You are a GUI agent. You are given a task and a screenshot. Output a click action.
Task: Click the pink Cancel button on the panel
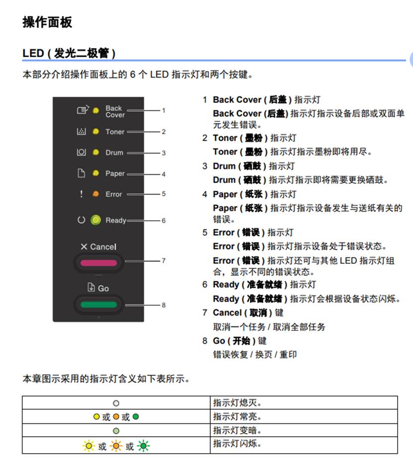(99, 263)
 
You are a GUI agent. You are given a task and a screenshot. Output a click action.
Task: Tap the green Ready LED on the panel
(96, 220)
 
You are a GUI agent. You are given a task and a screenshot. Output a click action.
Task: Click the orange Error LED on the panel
(96, 194)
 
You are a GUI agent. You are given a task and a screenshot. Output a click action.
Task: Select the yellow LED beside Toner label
(96, 132)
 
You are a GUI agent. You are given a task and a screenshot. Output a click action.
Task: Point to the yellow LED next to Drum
(96, 153)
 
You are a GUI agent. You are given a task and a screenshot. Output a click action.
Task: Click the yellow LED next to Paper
(96, 173)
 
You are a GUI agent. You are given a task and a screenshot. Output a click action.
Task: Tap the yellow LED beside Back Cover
(96, 111)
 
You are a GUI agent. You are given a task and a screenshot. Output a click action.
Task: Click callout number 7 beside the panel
(164, 261)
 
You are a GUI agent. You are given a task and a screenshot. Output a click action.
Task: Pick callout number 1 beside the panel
(164, 110)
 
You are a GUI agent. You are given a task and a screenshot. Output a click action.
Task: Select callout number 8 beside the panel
(164, 305)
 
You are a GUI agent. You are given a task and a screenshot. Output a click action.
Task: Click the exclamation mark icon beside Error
(81, 194)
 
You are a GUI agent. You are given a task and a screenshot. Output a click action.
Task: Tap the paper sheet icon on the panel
(81, 173)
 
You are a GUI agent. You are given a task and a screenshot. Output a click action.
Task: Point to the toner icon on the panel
(81, 131)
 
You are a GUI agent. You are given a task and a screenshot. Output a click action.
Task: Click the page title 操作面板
(47, 22)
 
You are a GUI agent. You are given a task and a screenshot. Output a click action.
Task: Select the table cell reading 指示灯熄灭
(304, 403)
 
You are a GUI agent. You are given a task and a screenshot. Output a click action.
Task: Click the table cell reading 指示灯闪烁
(304, 445)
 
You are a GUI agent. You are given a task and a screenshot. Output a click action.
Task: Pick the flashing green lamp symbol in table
(143, 446)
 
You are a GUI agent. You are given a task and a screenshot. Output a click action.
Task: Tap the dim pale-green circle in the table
(116, 431)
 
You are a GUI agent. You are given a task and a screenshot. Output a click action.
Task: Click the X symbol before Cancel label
(84, 247)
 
